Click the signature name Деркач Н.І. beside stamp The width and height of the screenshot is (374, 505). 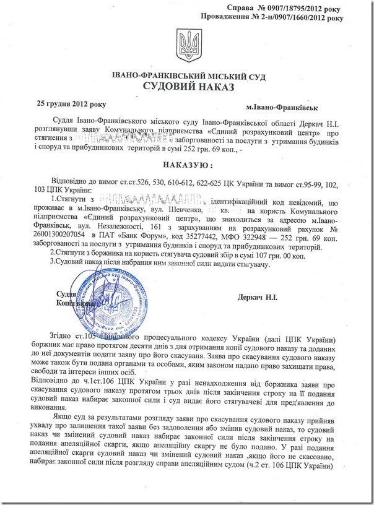click(x=258, y=298)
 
